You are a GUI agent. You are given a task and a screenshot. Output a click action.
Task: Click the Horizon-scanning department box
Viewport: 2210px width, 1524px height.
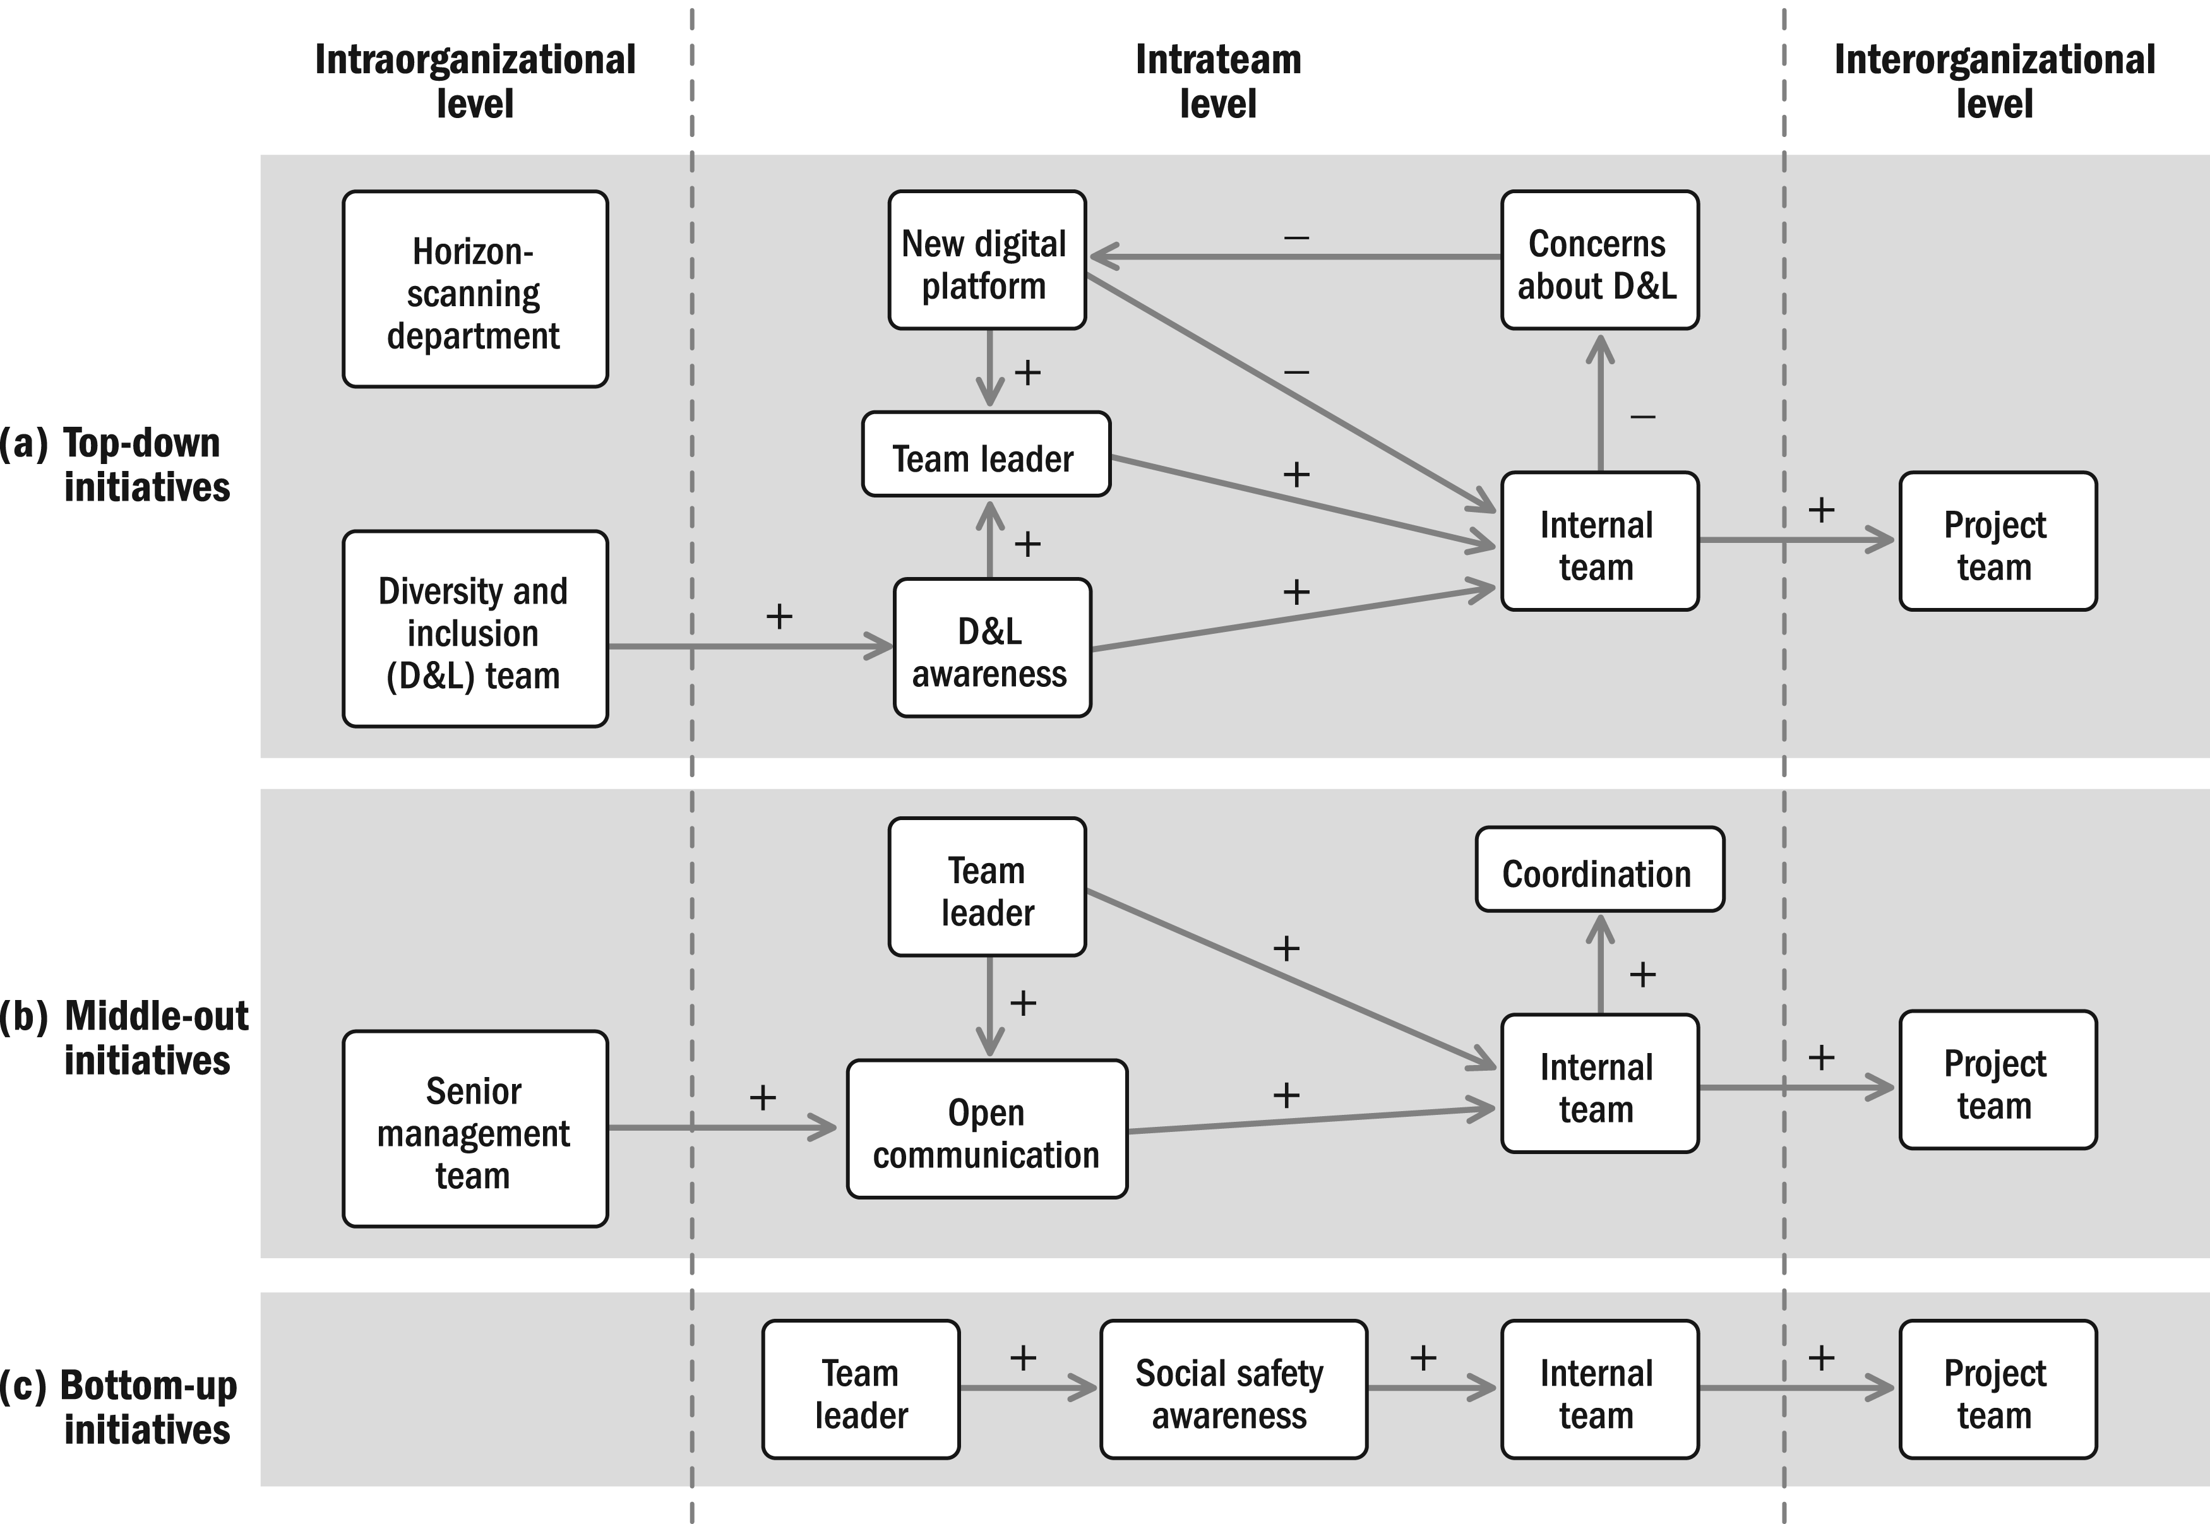475,289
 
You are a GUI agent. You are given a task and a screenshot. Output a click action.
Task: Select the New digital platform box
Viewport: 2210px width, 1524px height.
986,259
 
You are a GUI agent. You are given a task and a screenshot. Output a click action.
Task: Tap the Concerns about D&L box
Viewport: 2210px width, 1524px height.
1599,259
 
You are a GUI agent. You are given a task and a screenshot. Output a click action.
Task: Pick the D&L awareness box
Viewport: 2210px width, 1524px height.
993,647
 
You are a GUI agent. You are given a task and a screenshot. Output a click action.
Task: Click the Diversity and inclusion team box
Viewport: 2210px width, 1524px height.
475,629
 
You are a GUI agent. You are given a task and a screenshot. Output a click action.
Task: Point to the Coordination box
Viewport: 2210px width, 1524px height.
1599,869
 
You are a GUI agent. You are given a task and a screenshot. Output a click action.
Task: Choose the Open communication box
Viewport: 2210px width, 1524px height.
986,1129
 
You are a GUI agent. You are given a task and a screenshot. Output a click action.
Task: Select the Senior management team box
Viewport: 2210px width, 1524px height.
475,1129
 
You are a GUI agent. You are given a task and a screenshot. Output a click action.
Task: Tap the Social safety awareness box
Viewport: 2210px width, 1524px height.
1233,1390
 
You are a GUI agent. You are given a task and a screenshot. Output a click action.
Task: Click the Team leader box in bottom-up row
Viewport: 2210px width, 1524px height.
861,1390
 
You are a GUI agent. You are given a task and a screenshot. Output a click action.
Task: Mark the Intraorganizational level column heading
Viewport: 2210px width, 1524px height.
475,81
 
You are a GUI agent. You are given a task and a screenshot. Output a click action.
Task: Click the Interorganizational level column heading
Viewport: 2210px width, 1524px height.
1994,81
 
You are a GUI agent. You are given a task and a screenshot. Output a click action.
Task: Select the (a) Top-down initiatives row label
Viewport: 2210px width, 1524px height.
116,465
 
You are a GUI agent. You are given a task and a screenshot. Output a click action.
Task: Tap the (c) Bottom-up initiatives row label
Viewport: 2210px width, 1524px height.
119,1407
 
